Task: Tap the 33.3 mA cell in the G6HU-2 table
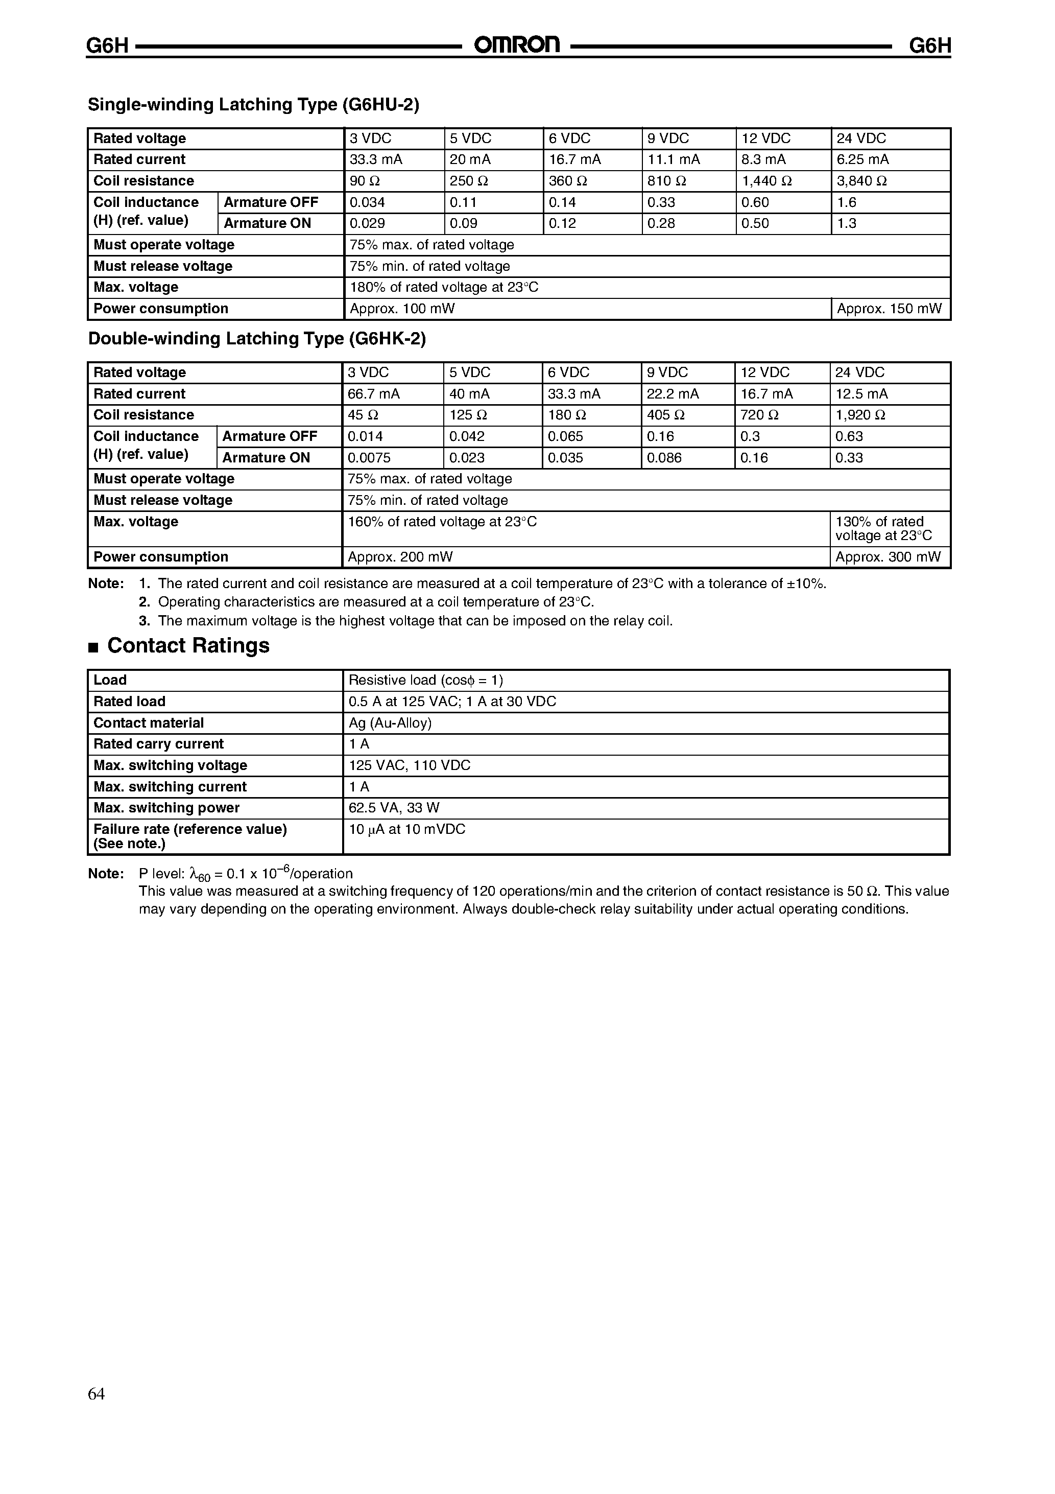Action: coord(375,159)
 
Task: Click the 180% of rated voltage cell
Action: coord(444,287)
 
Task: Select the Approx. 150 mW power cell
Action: coord(889,309)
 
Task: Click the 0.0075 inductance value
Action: coord(369,457)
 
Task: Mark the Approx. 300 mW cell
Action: coord(887,557)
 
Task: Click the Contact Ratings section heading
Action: coord(187,645)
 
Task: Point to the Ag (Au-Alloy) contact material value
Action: coord(390,723)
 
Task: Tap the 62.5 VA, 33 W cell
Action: coord(394,807)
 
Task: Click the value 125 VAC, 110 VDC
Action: coord(409,765)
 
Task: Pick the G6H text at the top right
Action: coord(929,45)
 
